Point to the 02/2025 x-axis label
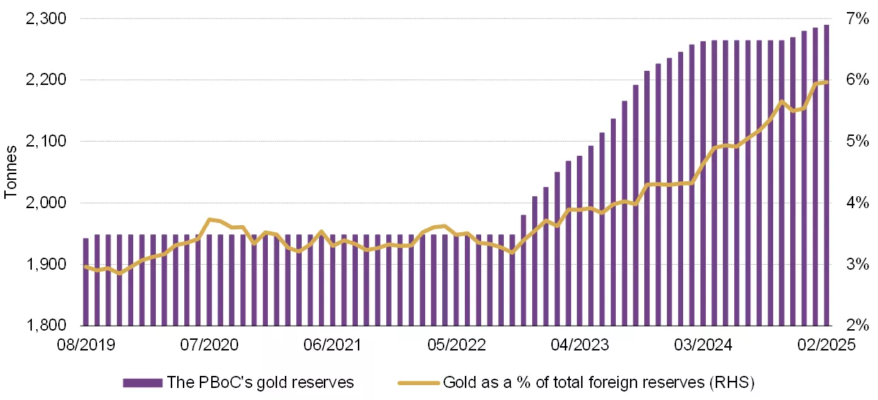826,345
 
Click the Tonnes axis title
12,172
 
